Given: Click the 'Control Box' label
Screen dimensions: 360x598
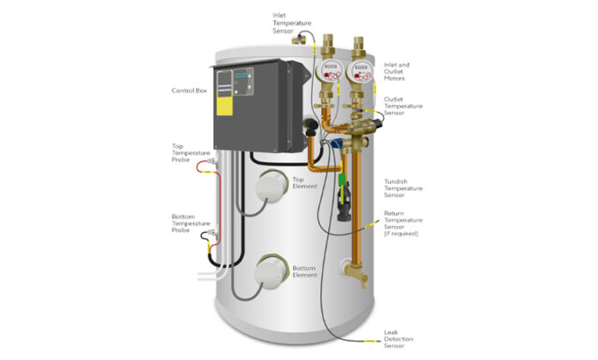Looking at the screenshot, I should tap(188, 89).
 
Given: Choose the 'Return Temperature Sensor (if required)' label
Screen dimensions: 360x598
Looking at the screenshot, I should tap(401, 223).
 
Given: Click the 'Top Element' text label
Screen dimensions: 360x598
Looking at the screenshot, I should tap(293, 182).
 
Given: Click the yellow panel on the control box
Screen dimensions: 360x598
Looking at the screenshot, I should tap(225, 105).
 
